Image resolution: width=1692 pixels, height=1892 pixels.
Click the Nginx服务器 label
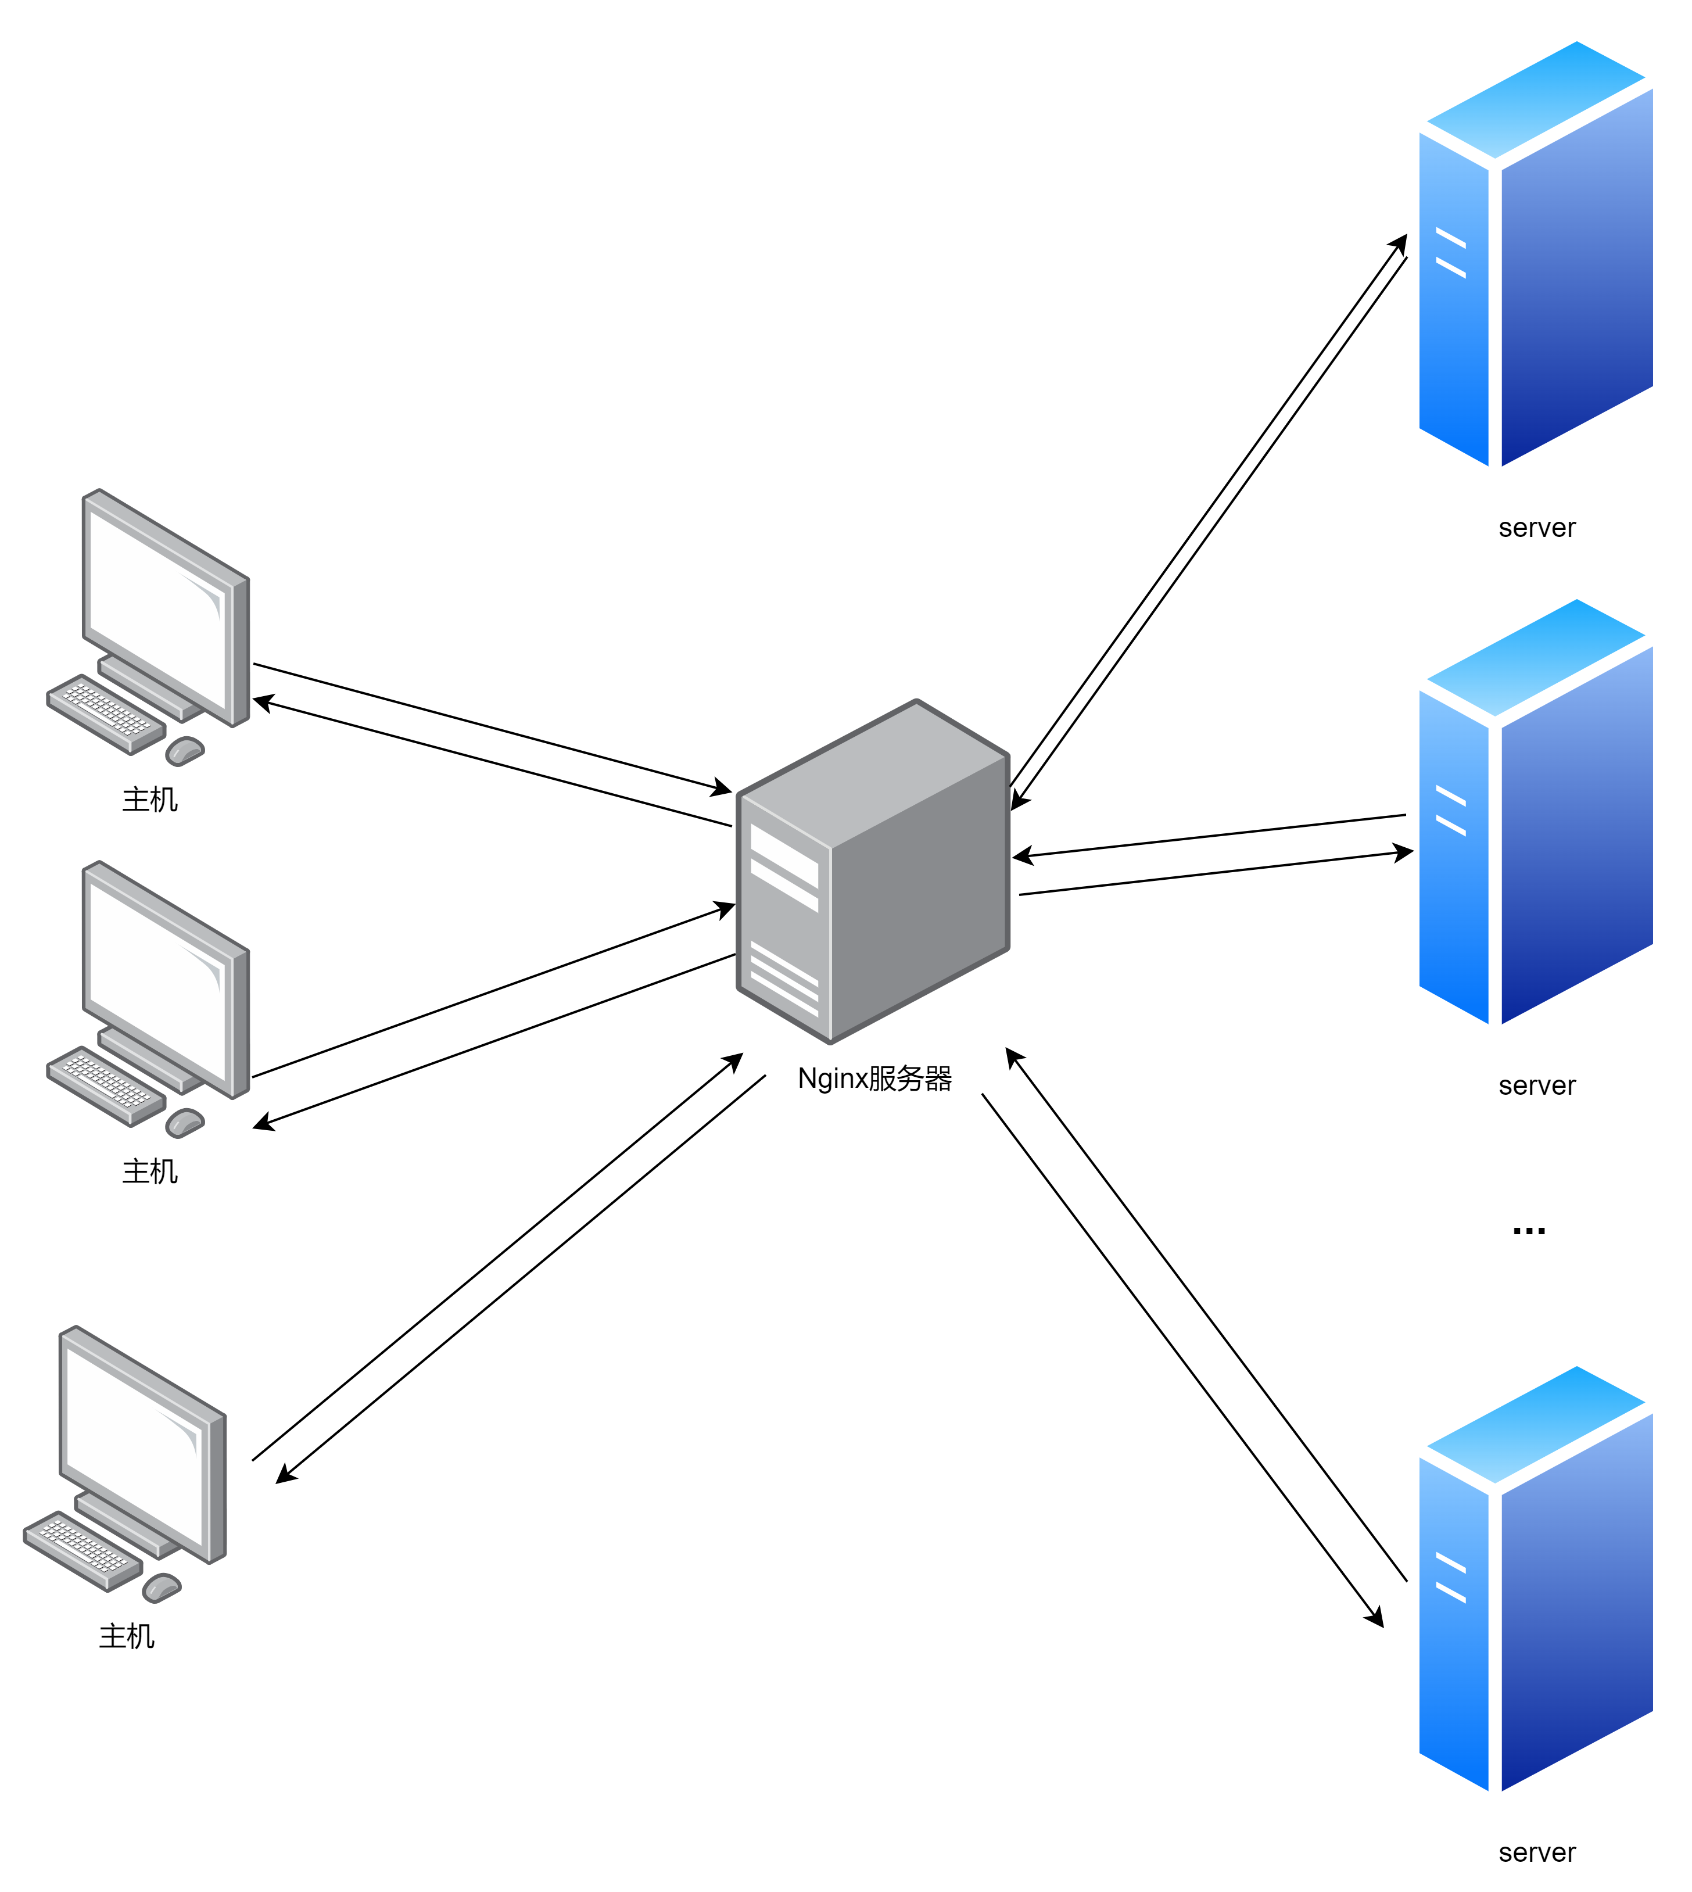click(x=874, y=1078)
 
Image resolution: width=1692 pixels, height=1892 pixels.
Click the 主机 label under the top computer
click(x=150, y=798)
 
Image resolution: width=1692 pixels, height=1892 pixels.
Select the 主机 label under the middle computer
click(x=150, y=1170)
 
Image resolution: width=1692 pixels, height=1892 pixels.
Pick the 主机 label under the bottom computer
click(x=127, y=1635)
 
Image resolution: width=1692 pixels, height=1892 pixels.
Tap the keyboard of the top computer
click(x=105, y=712)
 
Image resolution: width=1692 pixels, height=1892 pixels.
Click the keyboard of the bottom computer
click(x=82, y=1549)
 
